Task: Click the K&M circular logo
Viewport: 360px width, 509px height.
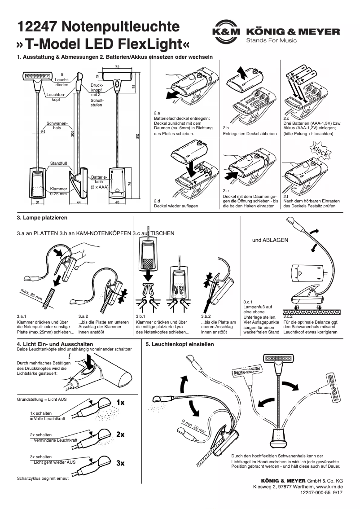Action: pos(226,32)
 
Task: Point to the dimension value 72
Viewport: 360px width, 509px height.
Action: pos(117,66)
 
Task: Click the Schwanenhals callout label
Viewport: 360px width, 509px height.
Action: pos(57,125)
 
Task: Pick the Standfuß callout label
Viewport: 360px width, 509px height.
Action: pos(58,163)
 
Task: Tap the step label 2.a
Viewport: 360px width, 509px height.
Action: pos(157,113)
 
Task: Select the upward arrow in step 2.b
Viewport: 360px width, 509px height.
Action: pos(241,71)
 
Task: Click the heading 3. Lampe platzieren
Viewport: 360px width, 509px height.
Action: pos(42,218)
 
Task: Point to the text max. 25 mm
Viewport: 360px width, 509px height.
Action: pos(31,294)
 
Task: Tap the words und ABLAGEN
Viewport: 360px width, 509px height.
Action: pos(270,240)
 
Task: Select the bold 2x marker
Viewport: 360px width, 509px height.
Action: pos(120,434)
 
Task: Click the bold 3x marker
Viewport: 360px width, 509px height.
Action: pos(120,463)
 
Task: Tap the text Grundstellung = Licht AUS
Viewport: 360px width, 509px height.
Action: pos(41,399)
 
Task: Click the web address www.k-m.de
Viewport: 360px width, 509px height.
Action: pos(329,486)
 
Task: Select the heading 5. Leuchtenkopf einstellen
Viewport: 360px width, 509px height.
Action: pos(180,344)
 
